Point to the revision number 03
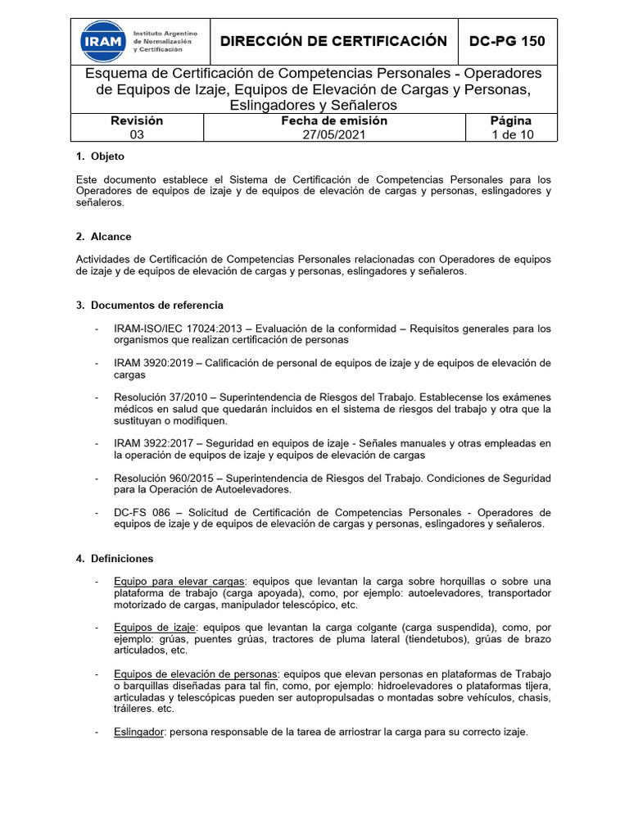[137, 135]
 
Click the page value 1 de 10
[511, 135]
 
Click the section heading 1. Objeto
[100, 156]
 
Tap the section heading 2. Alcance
[103, 237]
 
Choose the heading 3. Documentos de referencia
[149, 305]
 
